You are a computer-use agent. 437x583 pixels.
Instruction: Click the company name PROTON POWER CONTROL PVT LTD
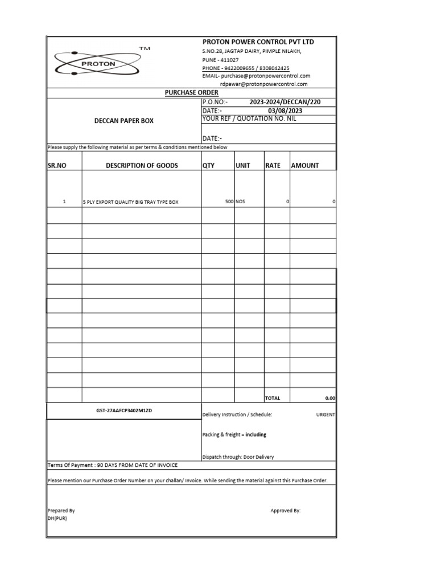coord(258,42)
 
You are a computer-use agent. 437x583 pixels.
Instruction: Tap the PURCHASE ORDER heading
coord(191,92)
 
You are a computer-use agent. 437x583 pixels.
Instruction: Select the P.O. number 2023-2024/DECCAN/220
coord(285,102)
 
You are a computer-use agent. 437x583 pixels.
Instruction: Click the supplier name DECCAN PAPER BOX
coord(123,121)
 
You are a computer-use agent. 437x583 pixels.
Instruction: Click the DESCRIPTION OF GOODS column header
coord(142,166)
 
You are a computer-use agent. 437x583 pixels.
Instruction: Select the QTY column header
coord(209,166)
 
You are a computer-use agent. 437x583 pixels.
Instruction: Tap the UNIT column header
coord(243,166)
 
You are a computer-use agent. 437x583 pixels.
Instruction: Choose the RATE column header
coord(273,166)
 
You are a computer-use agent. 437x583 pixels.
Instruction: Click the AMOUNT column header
coord(305,166)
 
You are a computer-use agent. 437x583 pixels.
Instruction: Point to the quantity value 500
coord(229,202)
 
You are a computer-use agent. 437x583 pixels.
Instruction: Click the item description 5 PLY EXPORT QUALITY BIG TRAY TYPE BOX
coord(131,203)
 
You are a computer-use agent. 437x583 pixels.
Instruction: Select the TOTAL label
coord(273,399)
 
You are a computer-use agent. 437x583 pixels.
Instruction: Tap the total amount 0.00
coord(330,399)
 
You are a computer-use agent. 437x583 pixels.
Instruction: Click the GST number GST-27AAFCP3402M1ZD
coord(124,410)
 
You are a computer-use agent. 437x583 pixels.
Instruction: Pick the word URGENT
coord(325,415)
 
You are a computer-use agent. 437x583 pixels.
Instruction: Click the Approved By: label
coord(285,511)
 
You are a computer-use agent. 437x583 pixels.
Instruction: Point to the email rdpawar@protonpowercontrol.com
coord(263,84)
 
